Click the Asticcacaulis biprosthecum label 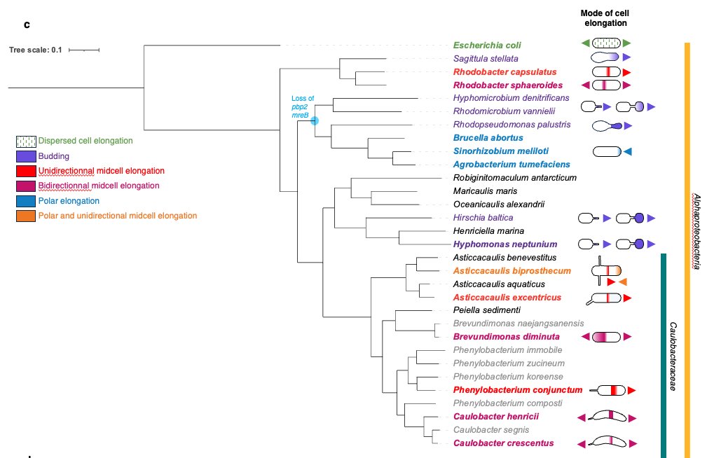point(502,270)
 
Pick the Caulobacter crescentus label point(503,443)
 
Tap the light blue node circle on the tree point(315,121)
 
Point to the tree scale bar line point(84,50)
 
